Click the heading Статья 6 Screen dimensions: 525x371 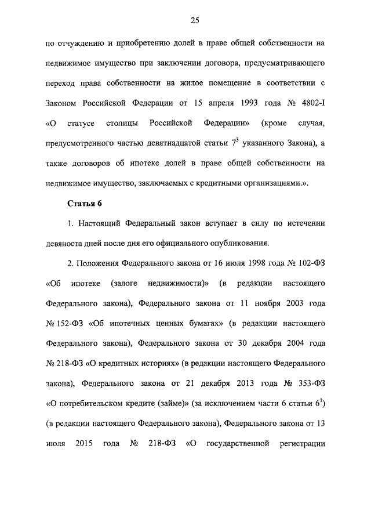pos(85,203)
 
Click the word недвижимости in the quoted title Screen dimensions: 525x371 pos(178,283)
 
